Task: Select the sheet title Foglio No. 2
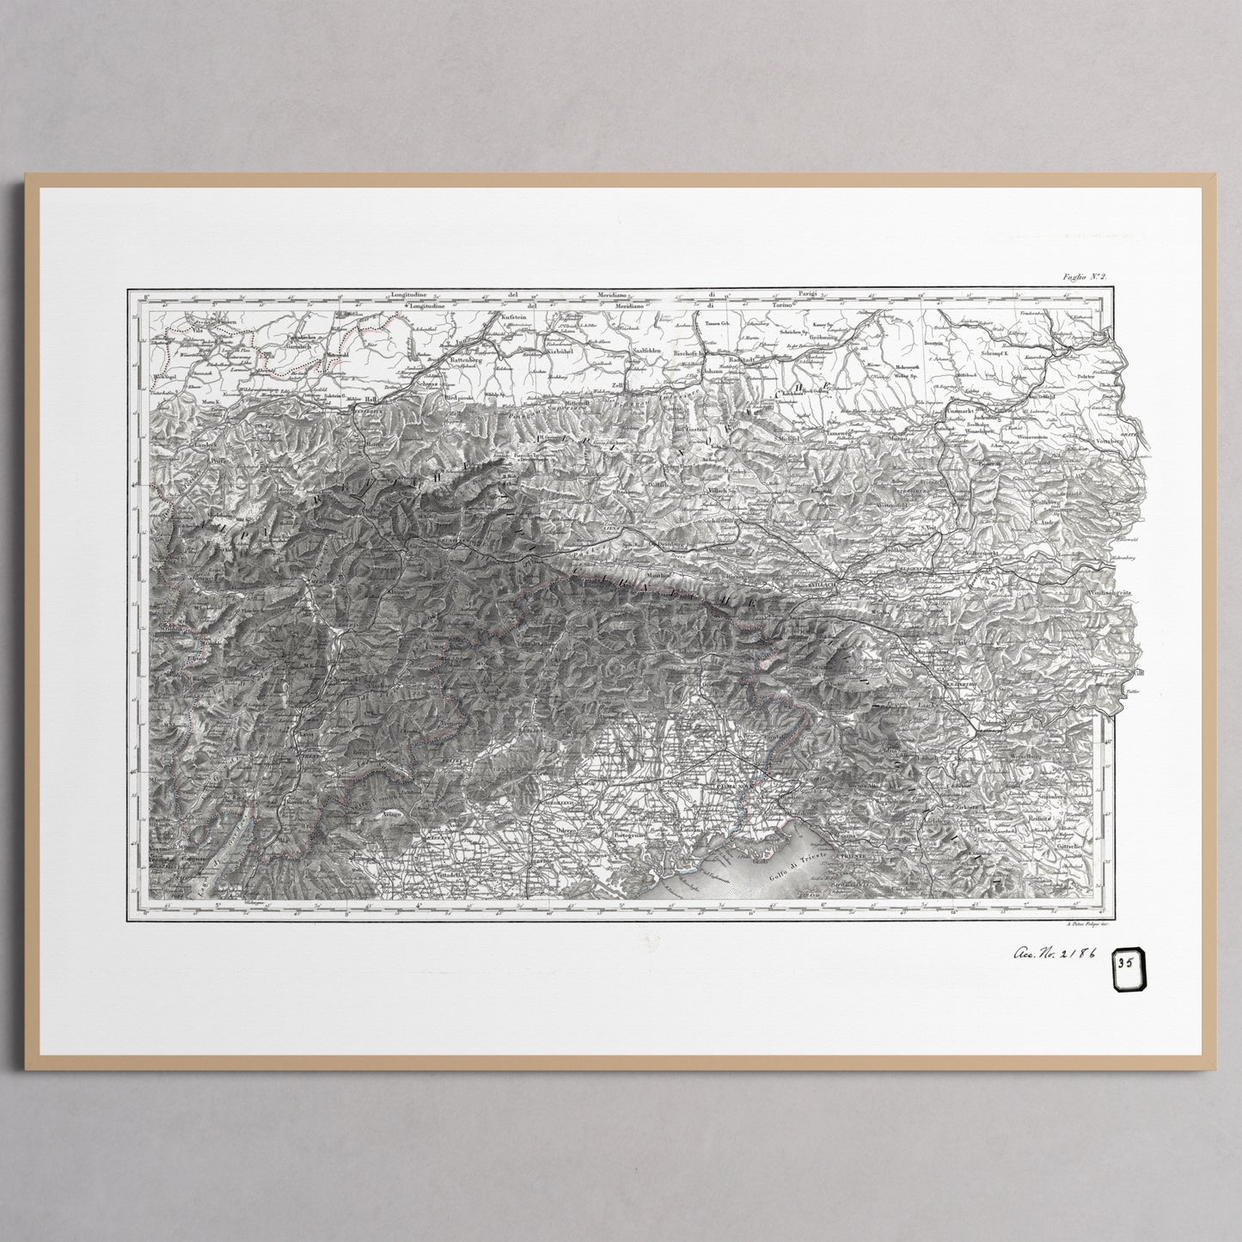1086,276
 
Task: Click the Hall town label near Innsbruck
371,400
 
